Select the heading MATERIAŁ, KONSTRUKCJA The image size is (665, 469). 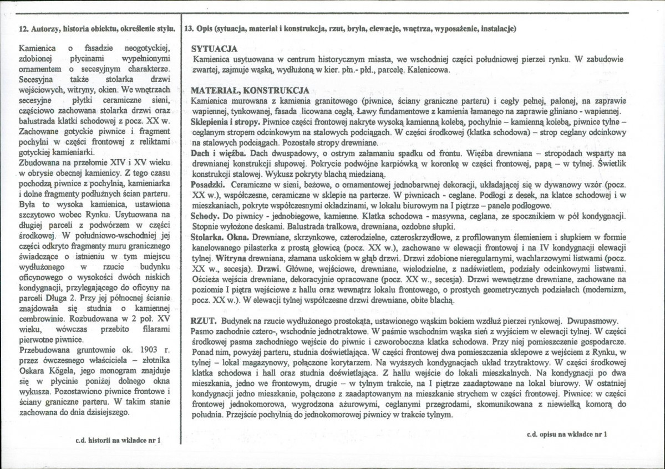(250, 91)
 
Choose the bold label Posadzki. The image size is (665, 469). (208, 183)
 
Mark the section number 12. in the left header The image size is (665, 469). (24, 28)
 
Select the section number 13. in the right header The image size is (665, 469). (188, 28)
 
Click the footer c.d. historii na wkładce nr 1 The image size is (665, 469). (118, 441)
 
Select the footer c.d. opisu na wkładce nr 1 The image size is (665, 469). (567, 435)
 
